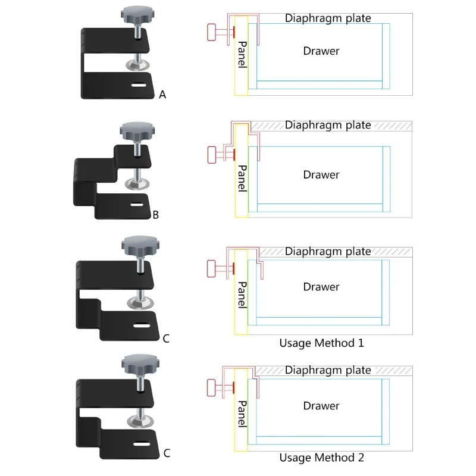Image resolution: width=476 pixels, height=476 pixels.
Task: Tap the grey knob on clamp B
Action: point(134,130)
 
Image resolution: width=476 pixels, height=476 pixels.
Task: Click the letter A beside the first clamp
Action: point(162,94)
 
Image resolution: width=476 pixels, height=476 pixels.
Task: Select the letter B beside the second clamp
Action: point(155,215)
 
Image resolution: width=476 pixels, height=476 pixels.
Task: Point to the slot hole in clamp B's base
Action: point(137,205)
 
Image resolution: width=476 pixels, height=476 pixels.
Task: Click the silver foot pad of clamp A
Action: point(138,64)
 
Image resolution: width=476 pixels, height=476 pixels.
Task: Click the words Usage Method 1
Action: point(321,343)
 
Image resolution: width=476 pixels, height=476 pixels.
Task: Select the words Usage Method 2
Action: point(321,458)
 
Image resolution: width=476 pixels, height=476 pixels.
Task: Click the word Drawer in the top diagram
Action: point(321,51)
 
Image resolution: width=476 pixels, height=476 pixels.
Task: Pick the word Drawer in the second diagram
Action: point(321,175)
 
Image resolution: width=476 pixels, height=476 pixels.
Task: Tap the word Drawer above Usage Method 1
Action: point(321,287)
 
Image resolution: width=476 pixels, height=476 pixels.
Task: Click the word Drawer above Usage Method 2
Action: point(321,406)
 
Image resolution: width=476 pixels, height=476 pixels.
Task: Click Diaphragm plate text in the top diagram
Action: point(328,18)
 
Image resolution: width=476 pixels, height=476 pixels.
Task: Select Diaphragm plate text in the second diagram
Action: point(328,125)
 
